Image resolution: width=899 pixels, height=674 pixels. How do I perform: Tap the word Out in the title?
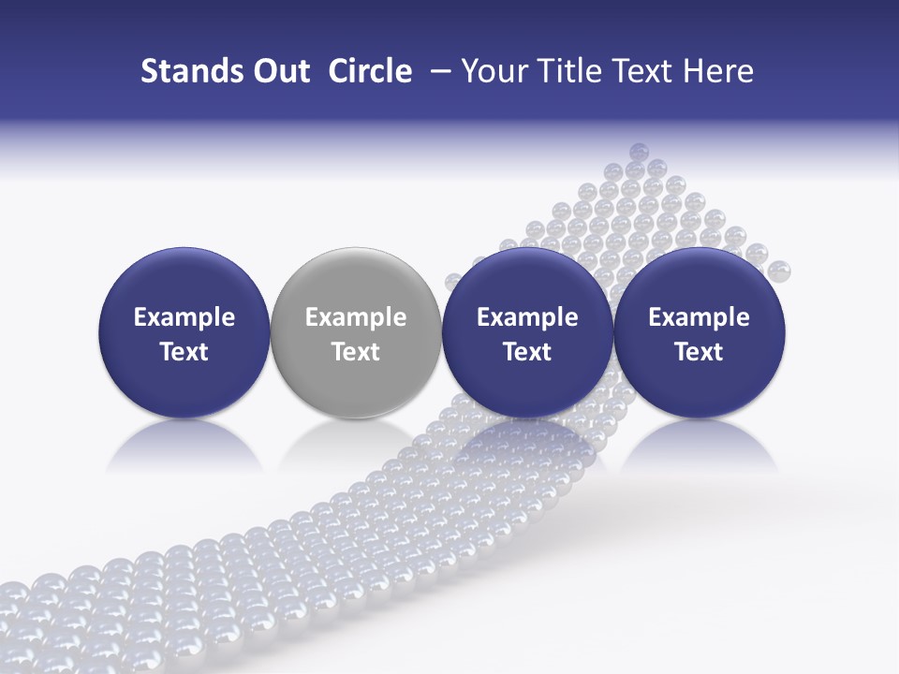coord(279,71)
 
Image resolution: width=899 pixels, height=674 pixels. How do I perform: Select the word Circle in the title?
coord(370,71)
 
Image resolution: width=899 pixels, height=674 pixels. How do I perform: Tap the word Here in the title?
coord(719,71)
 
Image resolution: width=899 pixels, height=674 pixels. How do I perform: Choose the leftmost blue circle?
coord(184,281)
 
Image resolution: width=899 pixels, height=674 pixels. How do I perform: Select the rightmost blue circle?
coord(699,281)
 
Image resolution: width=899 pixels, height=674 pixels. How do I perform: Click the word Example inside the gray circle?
coord(356,317)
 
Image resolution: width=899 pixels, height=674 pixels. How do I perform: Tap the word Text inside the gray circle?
coord(356,352)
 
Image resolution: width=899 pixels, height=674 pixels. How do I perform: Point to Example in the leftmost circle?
coord(184,317)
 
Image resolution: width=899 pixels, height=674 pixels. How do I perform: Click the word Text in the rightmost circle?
coord(699,352)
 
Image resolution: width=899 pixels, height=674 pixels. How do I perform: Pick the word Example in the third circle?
coord(527,317)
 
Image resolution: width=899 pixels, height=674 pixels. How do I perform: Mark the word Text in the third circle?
coord(527,352)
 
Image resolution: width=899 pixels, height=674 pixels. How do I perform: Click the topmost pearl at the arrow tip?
coord(639,151)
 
